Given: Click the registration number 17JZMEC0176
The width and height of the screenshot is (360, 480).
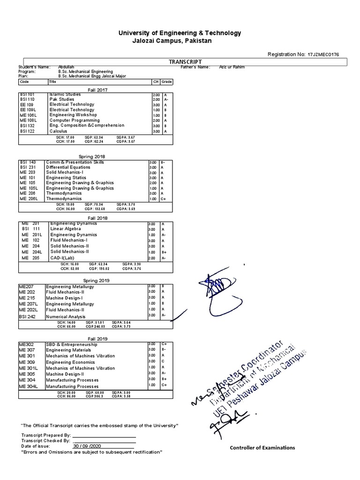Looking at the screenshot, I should pyautogui.click(x=324, y=54).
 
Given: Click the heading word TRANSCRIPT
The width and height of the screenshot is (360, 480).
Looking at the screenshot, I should pyautogui.click(x=185, y=61).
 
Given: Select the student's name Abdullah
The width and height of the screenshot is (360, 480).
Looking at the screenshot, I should pyautogui.click(x=66, y=67).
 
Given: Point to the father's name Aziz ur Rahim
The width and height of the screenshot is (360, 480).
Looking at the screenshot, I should pyautogui.click(x=232, y=67).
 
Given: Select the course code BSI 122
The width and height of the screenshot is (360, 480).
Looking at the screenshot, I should pyautogui.click(x=27, y=131).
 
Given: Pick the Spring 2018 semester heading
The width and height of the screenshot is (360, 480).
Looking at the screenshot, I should pyautogui.click(x=94, y=157).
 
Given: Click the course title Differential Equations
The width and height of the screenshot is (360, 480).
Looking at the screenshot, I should pyautogui.click(x=67, y=167).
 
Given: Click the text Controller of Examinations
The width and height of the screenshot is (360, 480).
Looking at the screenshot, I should pyautogui.click(x=262, y=448).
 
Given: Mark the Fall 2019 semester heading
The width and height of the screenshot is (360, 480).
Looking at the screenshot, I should pyautogui.click(x=94, y=338).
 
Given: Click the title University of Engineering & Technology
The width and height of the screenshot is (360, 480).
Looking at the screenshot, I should pyautogui.click(x=180, y=33).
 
